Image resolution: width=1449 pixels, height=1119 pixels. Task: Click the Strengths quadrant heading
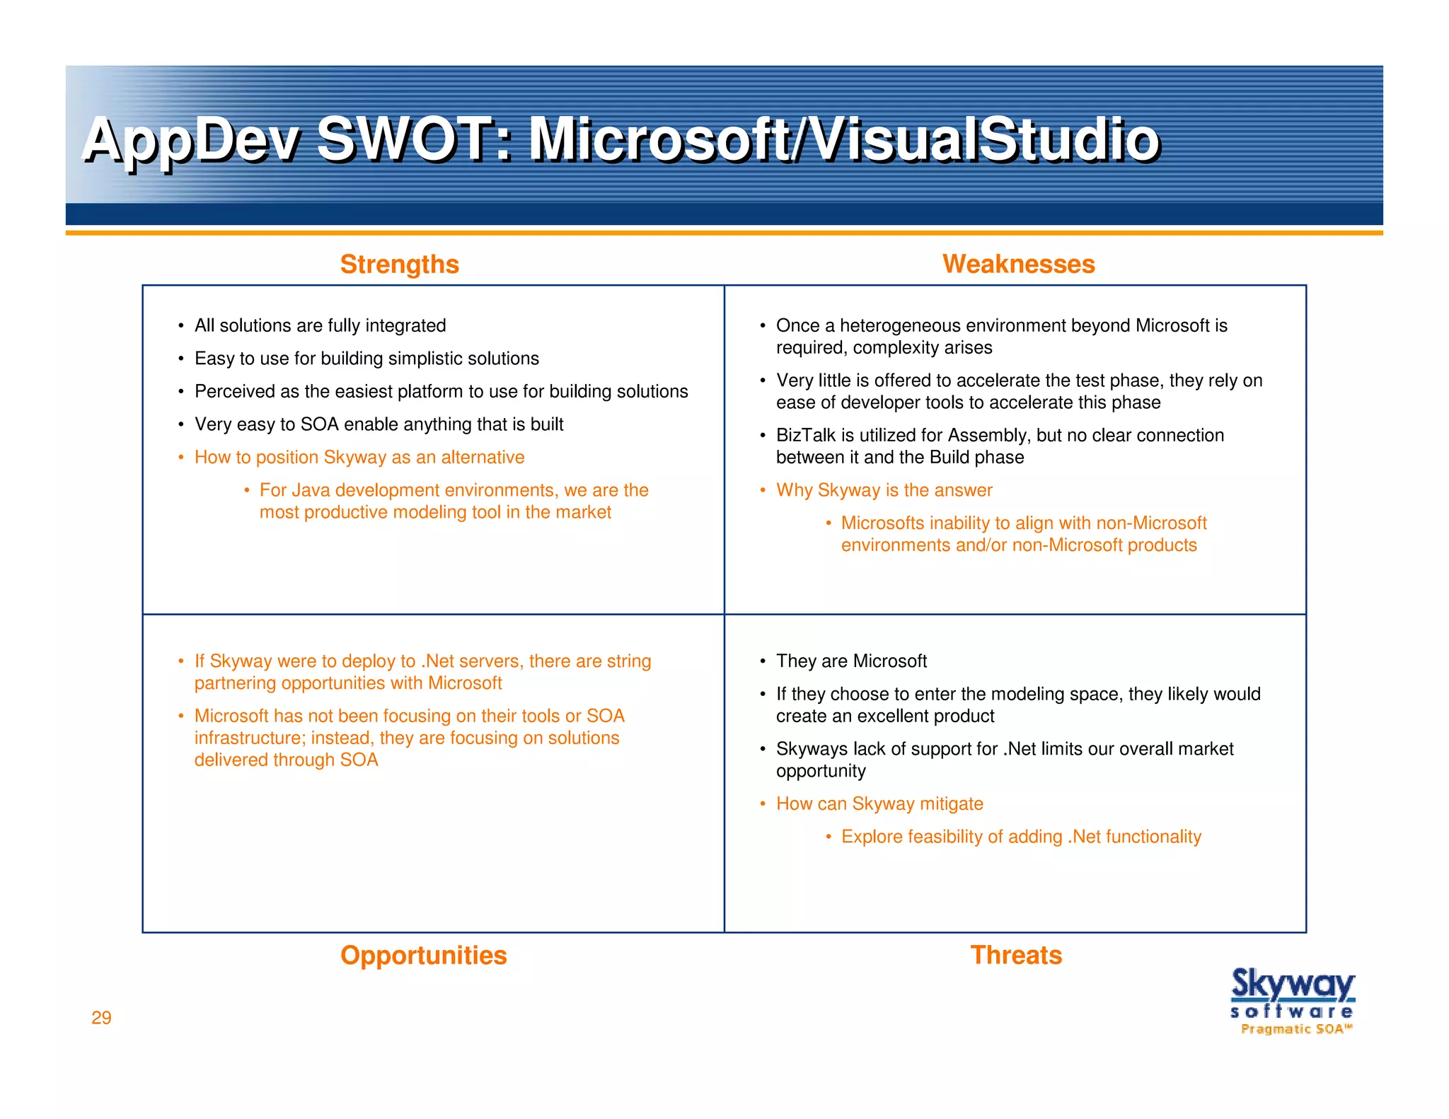coord(399,264)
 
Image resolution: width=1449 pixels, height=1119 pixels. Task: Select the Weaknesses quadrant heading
coord(1018,264)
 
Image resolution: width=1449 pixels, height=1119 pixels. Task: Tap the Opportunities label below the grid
coord(423,955)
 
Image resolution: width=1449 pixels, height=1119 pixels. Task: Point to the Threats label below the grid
coord(1015,955)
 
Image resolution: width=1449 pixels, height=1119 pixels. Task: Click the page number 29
coord(101,1017)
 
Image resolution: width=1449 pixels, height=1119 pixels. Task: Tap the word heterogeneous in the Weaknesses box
coord(900,325)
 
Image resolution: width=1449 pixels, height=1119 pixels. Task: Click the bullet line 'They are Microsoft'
coord(851,661)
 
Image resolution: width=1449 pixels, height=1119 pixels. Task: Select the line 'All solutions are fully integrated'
coord(320,325)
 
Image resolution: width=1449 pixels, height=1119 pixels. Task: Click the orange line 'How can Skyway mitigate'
coord(879,804)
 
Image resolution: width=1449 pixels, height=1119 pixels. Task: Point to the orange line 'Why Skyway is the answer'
coord(884,490)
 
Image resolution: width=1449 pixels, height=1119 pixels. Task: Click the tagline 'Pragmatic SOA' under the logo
coord(1296,1029)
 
